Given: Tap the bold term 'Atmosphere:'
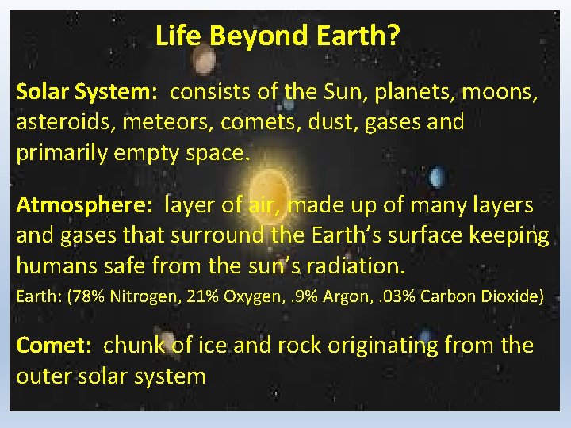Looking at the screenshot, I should [x=85, y=206].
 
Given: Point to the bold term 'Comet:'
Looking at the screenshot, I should [x=56, y=346].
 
